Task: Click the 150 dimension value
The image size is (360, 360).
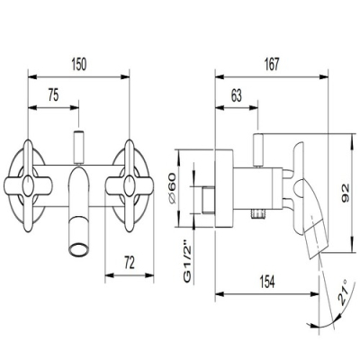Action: (x=79, y=65)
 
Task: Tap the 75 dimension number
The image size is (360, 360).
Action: (x=53, y=96)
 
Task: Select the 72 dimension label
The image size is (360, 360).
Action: (x=130, y=263)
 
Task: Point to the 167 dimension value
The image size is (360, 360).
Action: (x=272, y=65)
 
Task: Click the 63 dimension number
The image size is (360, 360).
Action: (x=237, y=96)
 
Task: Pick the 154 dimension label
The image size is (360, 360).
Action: (x=266, y=282)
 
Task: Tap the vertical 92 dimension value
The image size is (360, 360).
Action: (x=345, y=193)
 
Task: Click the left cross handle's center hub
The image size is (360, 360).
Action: (x=28, y=185)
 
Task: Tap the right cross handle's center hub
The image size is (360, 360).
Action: (x=129, y=185)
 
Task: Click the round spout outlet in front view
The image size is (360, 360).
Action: (x=78, y=249)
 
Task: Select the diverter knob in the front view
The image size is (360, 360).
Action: (x=78, y=147)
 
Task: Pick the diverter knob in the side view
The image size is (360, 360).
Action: (x=258, y=149)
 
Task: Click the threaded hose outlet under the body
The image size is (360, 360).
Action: (x=257, y=214)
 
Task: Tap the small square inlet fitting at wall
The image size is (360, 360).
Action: (x=208, y=201)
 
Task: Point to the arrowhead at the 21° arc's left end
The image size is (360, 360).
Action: (x=310, y=324)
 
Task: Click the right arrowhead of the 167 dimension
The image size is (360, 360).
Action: (x=324, y=77)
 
